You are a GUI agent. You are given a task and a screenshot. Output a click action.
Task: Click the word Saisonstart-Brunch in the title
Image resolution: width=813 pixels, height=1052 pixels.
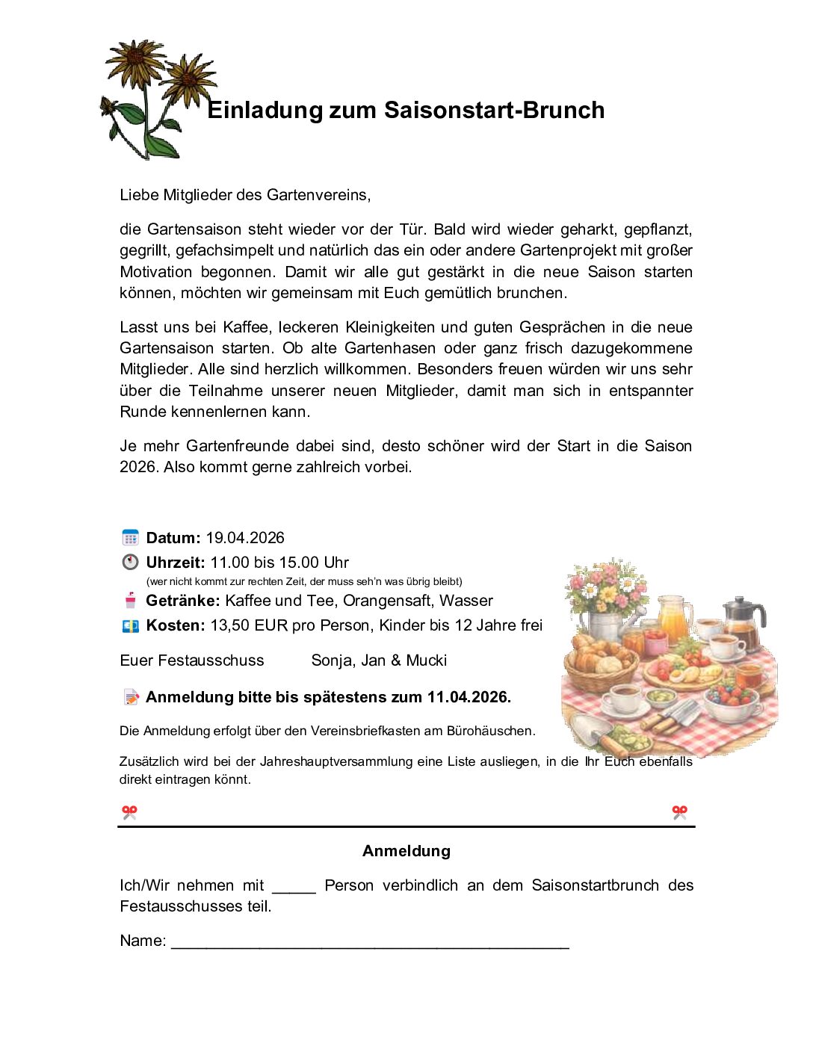pos(494,110)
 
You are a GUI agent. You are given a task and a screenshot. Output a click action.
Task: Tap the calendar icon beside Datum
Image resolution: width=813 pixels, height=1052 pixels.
pos(130,537)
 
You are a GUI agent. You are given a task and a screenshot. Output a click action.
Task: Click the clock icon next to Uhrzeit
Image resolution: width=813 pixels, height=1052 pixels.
pos(130,562)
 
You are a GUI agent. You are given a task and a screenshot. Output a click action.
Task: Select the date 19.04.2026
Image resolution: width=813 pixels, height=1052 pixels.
pos(245,538)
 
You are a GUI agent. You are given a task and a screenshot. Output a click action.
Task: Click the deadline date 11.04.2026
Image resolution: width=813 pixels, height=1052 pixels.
pos(468,697)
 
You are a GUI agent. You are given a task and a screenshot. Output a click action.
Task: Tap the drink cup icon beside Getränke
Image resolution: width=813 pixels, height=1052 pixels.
pos(131,600)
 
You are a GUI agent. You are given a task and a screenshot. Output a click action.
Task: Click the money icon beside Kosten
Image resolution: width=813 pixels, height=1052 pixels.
pos(130,625)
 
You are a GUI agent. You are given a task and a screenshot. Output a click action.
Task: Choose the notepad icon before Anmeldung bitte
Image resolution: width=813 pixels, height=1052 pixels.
pos(132,697)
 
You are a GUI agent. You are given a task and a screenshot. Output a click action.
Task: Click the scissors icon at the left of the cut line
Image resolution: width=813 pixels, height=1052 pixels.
pos(130,812)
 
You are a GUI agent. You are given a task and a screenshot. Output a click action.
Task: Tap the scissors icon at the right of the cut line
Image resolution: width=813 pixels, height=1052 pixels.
pos(679,812)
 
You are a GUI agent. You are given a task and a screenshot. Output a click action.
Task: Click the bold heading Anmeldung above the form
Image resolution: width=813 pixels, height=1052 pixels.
pos(406,851)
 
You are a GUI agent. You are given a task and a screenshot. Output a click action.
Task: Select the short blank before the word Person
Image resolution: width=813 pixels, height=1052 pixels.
pos(294,887)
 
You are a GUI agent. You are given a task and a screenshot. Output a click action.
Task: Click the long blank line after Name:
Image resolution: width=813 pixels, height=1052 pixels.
pos(370,943)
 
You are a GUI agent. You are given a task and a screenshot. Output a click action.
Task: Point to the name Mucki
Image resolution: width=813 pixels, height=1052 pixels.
pos(426,660)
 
